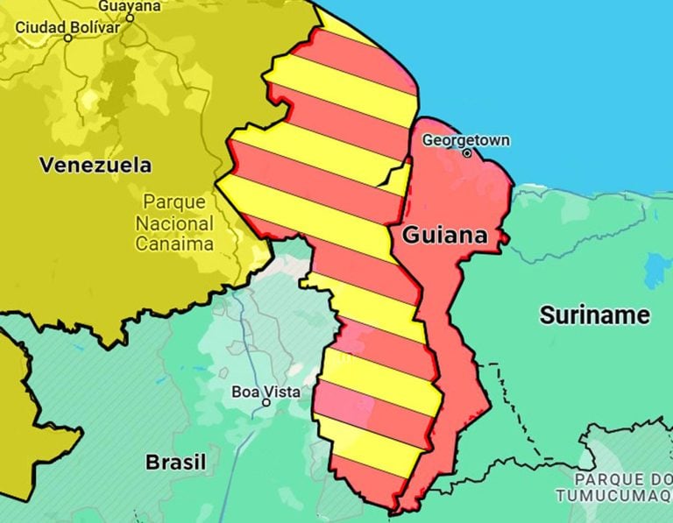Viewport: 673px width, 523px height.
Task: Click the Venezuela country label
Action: pos(95,165)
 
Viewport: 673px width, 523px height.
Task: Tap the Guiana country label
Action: pos(444,235)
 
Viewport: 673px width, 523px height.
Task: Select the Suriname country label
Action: pos(595,315)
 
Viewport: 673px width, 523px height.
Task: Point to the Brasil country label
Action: pos(175,462)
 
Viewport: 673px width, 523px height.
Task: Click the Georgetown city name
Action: pos(465,140)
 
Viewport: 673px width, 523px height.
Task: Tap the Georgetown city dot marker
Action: pos(467,153)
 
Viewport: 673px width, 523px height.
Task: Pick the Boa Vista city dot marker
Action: pos(266,403)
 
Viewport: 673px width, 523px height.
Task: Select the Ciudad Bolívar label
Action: pos(67,27)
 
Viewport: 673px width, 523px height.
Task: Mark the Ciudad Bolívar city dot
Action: pos(68,38)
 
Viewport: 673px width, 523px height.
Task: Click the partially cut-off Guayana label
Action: pos(129,5)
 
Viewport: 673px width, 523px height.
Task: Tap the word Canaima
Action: pos(174,244)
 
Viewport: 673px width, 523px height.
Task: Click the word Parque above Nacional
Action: pos(174,201)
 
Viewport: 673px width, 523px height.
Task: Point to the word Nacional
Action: pos(174,223)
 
